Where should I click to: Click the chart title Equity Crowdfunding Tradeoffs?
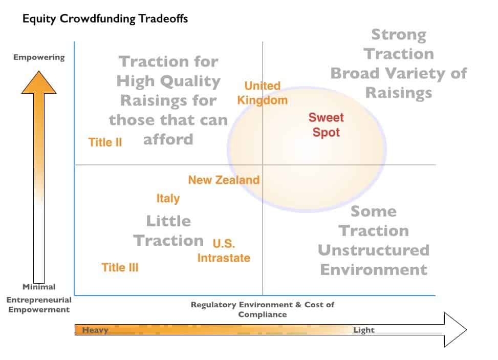tap(105, 19)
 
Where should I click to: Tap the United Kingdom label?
tap(263, 93)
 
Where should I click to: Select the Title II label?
tap(105, 142)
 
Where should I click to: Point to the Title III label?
tap(120, 267)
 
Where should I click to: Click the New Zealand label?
tap(224, 180)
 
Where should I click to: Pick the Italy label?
tap(168, 199)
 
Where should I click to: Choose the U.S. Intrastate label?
tap(224, 251)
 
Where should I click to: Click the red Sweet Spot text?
tap(326, 125)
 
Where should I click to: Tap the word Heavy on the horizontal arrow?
tap(95, 330)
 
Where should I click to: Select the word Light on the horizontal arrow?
tap(364, 330)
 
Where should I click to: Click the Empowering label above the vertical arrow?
tap(39, 57)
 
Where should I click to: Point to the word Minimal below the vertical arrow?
tap(39, 287)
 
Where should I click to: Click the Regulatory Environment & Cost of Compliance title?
tap(263, 309)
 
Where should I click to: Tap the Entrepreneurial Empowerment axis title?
tap(39, 305)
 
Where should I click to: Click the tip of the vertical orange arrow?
tap(39, 71)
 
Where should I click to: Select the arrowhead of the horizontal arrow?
tap(456, 330)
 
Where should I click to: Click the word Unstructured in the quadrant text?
tap(374, 250)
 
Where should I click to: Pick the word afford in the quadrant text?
tap(168, 139)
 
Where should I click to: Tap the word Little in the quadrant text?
tap(169, 221)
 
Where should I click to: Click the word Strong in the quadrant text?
tap(399, 35)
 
